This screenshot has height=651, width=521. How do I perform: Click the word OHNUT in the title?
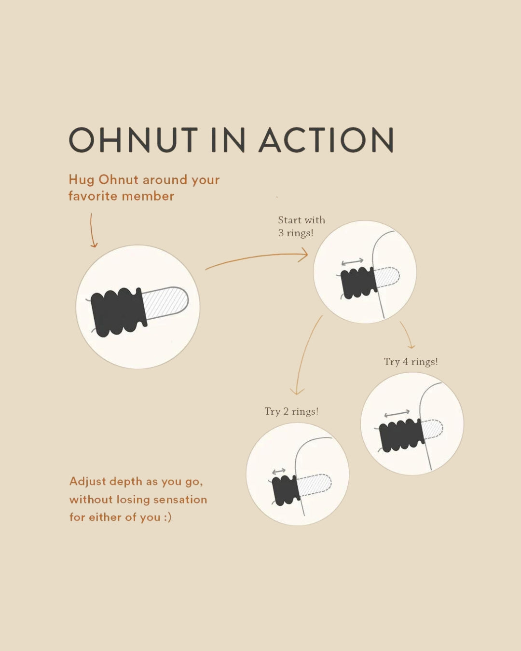coord(133,139)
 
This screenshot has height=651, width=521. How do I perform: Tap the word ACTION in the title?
coord(326,139)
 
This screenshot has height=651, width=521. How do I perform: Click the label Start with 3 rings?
coord(302,226)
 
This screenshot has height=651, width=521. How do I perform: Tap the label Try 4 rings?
coord(411,362)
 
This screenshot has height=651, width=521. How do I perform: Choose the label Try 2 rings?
coord(291,411)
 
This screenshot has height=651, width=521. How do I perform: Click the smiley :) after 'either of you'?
coord(167,517)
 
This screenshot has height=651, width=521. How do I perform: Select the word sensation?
coord(180,500)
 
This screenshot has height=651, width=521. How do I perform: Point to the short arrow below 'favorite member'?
coord(92,231)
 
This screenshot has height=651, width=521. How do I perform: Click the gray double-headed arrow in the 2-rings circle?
coord(279,471)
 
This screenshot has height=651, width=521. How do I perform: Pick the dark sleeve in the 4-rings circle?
coord(401,435)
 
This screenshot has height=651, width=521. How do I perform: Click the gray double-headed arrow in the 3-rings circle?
coord(352,262)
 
